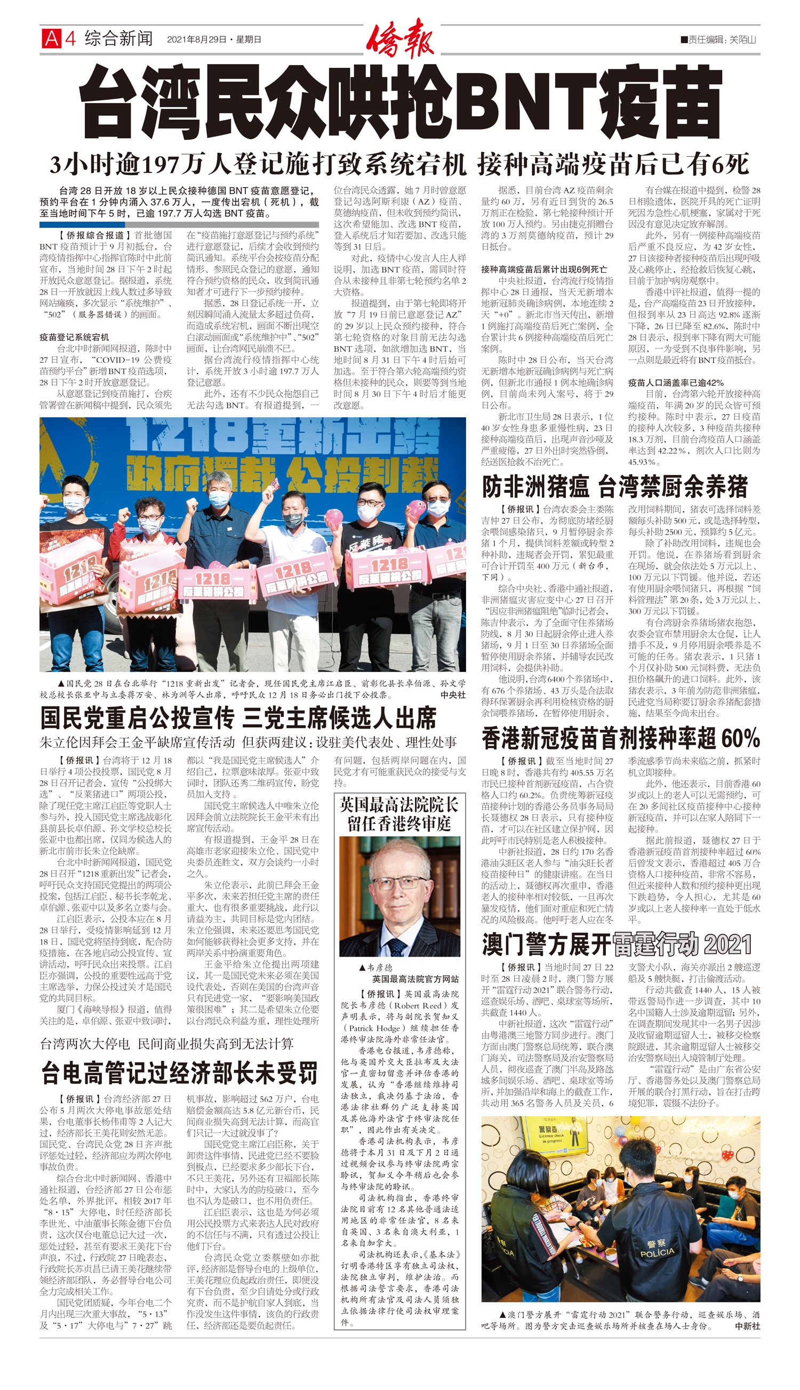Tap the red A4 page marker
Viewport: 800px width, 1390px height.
coord(58,38)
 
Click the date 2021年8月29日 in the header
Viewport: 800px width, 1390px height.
coord(196,39)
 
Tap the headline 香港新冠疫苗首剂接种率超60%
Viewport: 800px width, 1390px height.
coord(620,738)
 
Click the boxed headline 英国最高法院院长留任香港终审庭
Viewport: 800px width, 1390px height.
coord(399,815)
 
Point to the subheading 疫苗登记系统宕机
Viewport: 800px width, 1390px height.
coord(74,337)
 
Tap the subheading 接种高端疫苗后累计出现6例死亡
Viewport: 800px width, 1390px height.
coord(544,269)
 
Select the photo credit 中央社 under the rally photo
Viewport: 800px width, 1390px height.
coord(453,695)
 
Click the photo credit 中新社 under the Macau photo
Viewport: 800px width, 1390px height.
coord(747,1325)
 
